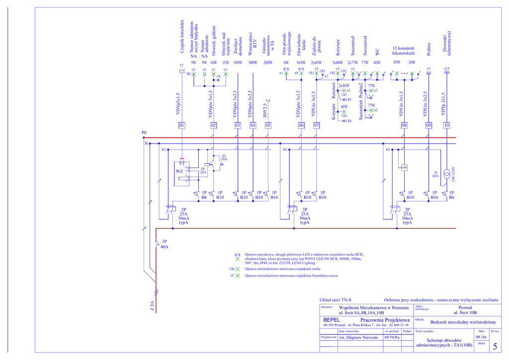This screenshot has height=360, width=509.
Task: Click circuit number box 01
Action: click(x=182, y=125)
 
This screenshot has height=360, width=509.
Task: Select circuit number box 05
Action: click(x=268, y=125)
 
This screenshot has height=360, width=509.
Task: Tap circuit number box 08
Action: click(x=404, y=125)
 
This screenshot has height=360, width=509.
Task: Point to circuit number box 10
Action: click(x=446, y=125)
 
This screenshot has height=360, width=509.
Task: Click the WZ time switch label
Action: click(x=179, y=172)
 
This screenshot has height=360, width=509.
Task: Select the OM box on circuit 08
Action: click(x=404, y=168)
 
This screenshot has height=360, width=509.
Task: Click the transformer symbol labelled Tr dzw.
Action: click(x=446, y=175)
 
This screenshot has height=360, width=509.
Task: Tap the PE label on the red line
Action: click(x=144, y=133)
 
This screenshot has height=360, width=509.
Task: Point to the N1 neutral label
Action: click(x=164, y=149)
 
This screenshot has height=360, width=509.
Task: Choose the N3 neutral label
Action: click(x=388, y=149)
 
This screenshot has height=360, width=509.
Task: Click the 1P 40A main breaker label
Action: click(x=165, y=244)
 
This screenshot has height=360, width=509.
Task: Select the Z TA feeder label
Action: click(x=153, y=306)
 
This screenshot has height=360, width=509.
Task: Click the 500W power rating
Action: click(x=253, y=63)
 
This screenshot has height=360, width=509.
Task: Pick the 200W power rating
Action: click(x=268, y=63)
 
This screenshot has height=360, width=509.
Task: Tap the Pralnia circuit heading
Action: click(x=428, y=49)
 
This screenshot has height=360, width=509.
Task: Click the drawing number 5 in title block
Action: click(x=495, y=346)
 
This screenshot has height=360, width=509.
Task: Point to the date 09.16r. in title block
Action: click(x=481, y=337)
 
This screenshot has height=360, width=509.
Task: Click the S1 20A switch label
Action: click(x=224, y=158)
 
